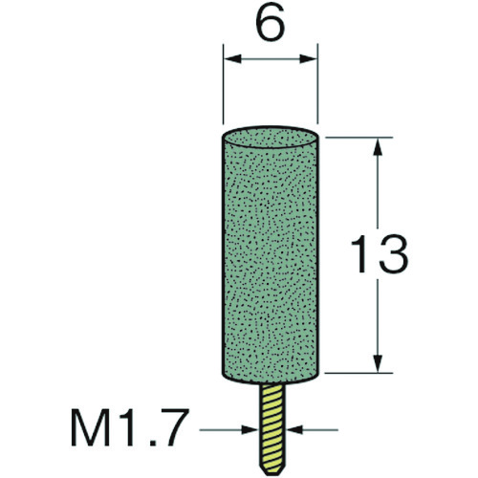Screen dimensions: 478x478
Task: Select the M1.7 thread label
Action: (x=128, y=428)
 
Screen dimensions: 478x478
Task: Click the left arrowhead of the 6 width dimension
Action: (x=232, y=58)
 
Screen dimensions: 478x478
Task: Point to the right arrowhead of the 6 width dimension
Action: (x=309, y=58)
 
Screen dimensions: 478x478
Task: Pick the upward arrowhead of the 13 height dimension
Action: (x=378, y=146)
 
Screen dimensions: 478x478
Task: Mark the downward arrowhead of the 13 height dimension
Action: (x=378, y=363)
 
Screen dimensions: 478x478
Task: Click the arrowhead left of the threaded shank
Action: (x=250, y=429)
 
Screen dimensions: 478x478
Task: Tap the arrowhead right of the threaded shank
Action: (x=294, y=429)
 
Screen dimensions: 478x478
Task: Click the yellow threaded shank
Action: (x=272, y=427)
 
